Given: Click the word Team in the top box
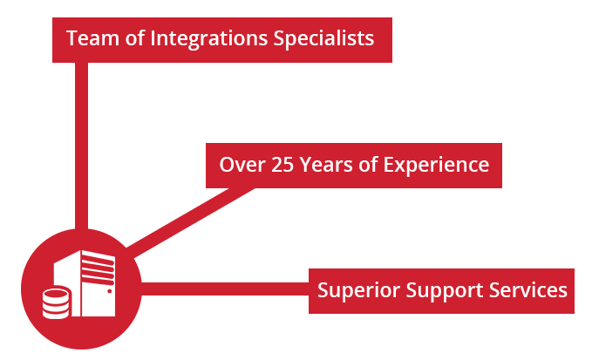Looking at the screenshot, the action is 92,38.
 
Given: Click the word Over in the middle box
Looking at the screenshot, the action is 242,165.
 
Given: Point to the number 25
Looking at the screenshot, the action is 282,165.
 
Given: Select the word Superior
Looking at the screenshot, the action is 358,291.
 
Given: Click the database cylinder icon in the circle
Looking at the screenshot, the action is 57,302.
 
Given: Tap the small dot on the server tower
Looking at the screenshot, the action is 109,291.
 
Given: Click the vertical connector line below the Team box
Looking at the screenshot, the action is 81,146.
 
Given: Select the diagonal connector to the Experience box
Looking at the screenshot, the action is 190,222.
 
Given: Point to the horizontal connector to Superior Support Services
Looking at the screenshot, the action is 225,289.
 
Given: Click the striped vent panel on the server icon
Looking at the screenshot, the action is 99,268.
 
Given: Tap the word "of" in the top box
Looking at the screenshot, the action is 134,38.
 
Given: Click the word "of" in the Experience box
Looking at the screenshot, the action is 368,165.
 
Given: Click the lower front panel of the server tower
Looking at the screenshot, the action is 99,300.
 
